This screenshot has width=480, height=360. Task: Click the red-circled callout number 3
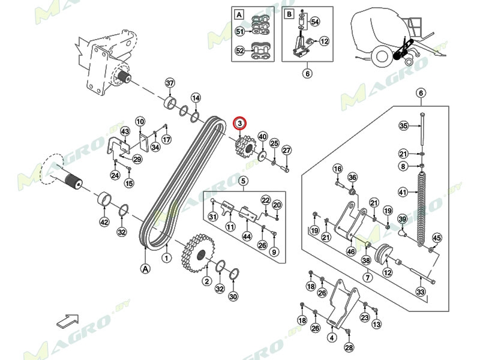pyautogui.click(x=239, y=124)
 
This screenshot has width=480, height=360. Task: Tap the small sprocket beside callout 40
pyautogui.click(x=244, y=147)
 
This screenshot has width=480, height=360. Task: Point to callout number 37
pyautogui.click(x=170, y=83)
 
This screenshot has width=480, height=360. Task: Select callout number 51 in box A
pyautogui.click(x=240, y=31)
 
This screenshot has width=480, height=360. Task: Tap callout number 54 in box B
pyautogui.click(x=315, y=21)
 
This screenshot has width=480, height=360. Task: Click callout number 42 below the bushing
pyautogui.click(x=104, y=223)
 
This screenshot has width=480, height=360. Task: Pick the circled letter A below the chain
pyautogui.click(x=145, y=269)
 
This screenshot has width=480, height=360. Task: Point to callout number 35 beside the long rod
pyautogui.click(x=404, y=125)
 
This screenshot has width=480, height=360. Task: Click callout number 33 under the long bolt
pyautogui.click(x=421, y=292)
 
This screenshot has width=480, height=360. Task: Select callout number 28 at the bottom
pyautogui.click(x=349, y=347)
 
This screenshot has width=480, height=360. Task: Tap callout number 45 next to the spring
pyautogui.click(x=436, y=238)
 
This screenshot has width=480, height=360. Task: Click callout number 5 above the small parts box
pyautogui.click(x=243, y=181)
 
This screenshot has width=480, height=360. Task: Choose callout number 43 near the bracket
pyautogui.click(x=125, y=131)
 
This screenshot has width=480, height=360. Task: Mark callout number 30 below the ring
pyautogui.click(x=233, y=296)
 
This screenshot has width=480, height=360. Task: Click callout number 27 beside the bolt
pyautogui.click(x=286, y=150)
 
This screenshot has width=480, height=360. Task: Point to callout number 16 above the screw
pyautogui.click(x=337, y=169)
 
